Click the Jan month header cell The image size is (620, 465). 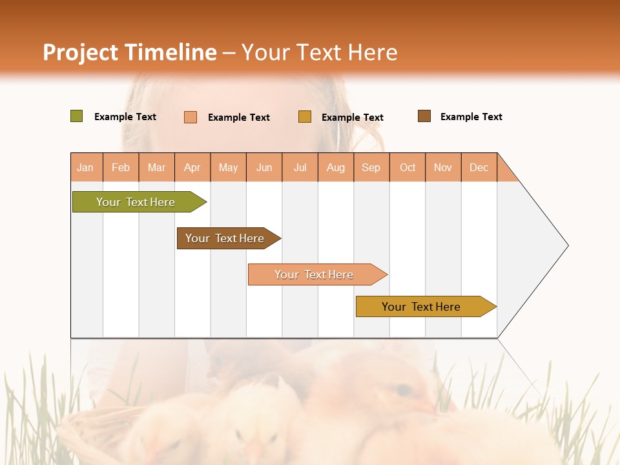click(x=86, y=167)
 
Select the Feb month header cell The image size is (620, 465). click(x=121, y=167)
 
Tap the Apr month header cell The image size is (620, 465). click(x=192, y=167)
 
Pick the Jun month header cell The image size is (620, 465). click(x=264, y=167)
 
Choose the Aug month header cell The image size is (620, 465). click(x=336, y=167)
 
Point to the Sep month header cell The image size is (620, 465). click(x=371, y=167)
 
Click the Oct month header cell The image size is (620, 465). click(x=408, y=167)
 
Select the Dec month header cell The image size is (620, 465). click(x=479, y=167)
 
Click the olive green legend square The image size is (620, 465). click(x=77, y=116)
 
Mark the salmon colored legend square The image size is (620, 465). click(x=191, y=117)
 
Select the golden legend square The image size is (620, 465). click(x=305, y=117)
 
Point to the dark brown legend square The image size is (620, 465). click(x=424, y=116)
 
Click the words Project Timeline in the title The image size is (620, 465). click(x=130, y=52)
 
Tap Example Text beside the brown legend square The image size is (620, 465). click(x=471, y=117)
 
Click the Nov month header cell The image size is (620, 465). click(x=443, y=167)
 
